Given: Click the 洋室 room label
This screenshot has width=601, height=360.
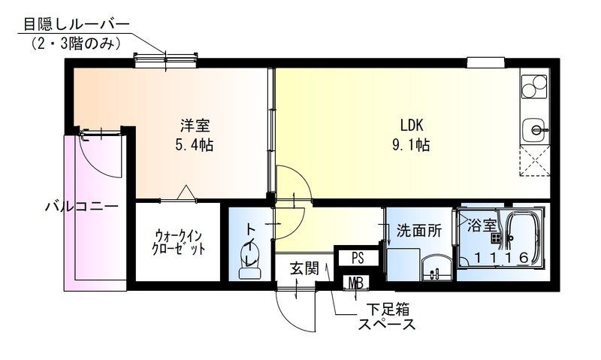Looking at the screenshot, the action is tap(195, 126).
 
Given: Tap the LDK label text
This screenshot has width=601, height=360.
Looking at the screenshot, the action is tap(411, 126).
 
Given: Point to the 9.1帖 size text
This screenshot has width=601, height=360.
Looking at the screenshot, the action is tap(411, 145).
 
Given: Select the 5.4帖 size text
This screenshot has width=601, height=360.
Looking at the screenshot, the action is tap(195, 145).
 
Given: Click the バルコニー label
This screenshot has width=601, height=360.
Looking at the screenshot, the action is tap(82, 207).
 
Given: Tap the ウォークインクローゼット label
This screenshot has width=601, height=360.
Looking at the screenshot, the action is tap(179, 242).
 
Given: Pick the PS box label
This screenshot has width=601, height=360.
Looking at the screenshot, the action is tap(358, 258).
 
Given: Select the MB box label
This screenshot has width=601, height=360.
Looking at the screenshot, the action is tap(355, 283).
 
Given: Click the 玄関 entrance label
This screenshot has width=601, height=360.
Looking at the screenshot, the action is tap(304, 268).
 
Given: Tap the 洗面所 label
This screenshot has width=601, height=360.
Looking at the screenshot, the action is tap(419, 231).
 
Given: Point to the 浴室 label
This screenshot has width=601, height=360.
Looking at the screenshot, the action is tap(482, 225).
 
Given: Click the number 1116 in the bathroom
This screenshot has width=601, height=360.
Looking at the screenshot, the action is tap(501, 258).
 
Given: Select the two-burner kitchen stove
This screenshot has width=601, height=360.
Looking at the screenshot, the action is tap(535, 86).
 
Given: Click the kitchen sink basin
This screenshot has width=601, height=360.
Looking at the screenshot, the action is tap(534, 130).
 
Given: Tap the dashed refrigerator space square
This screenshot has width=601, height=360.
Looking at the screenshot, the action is tap(535, 161).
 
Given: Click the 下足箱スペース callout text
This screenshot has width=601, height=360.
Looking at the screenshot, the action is tap(387, 316).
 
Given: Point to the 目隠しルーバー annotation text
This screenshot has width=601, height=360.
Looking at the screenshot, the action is tap(77, 24).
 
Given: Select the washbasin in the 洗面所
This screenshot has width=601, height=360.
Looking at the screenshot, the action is tap(437, 268).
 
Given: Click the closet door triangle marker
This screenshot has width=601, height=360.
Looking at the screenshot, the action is tap(186, 192).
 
